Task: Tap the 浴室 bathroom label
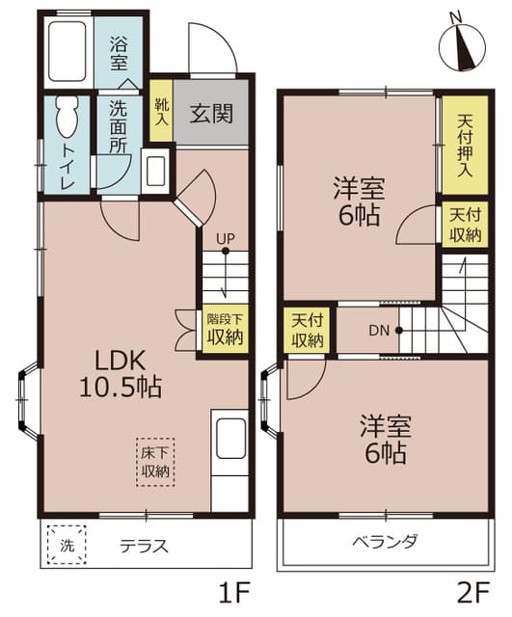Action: click(119, 53)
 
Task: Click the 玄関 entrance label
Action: click(210, 113)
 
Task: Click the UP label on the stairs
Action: click(225, 238)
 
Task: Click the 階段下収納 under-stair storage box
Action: click(224, 329)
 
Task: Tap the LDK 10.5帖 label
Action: click(121, 374)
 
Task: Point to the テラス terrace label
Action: click(145, 546)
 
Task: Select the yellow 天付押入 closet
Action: click(463, 145)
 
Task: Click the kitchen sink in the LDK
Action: click(231, 438)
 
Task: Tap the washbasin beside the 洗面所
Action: click(155, 169)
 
